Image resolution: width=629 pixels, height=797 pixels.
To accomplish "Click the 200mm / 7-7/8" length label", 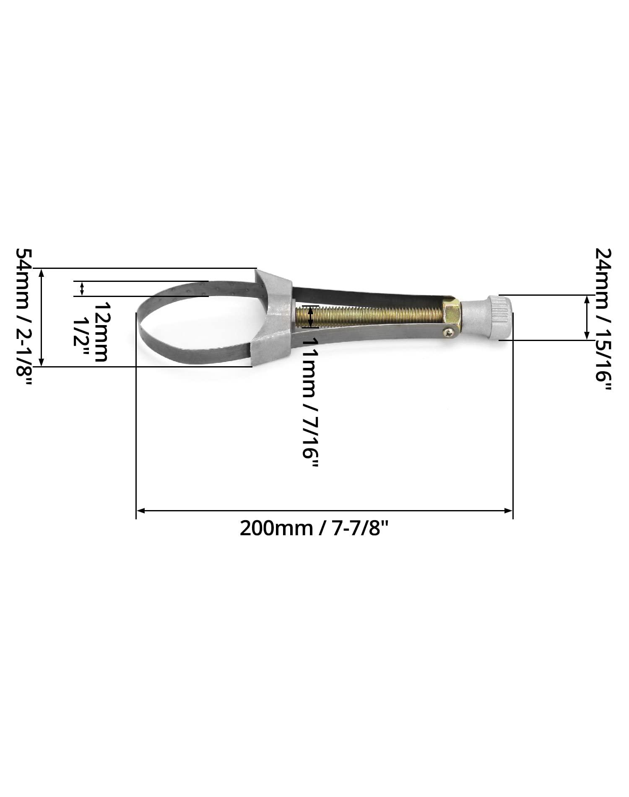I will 314,528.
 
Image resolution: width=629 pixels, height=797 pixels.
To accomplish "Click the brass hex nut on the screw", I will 452,310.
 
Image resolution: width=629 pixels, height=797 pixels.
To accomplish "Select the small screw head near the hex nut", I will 449,332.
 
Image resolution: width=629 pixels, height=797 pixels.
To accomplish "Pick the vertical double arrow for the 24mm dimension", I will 587,318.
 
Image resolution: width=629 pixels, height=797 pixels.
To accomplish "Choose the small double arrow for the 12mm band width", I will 82,289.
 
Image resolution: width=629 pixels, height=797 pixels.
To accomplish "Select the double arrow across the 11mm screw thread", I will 310,317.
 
